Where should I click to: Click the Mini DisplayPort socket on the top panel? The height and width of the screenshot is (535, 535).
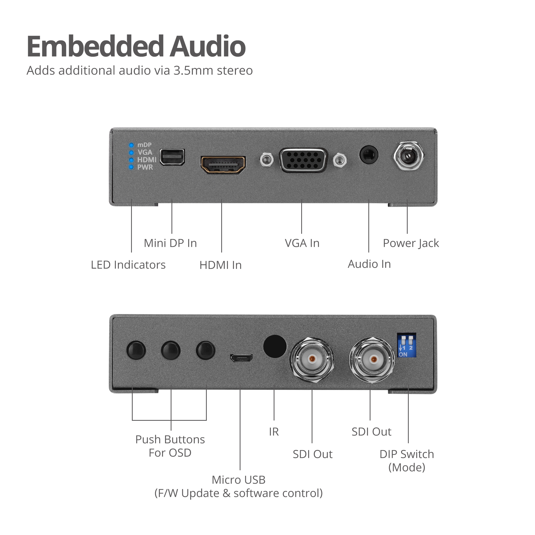tap(172, 157)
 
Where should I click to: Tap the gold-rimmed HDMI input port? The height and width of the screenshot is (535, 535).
tap(223, 165)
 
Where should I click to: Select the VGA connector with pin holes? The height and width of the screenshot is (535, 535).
tap(304, 160)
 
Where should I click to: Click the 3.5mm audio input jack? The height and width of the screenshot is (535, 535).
tap(369, 155)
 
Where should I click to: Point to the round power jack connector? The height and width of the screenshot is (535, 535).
tap(409, 156)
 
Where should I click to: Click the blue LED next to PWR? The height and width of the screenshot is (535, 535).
tap(132, 167)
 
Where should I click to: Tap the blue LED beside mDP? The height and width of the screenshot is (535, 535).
tap(132, 145)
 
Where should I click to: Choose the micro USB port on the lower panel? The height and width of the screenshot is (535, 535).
tap(241, 359)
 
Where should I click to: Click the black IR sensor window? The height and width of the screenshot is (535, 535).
tap(275, 346)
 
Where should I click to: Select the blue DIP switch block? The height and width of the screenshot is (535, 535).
tap(407, 345)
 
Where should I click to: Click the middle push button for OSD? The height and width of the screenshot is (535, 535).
tap(171, 350)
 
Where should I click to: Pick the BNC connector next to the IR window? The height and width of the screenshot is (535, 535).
tap(312, 360)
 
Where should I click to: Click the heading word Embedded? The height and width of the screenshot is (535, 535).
tap(94, 46)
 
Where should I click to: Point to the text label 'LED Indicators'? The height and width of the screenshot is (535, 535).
tap(128, 265)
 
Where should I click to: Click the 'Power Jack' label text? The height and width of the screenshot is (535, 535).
tap(411, 243)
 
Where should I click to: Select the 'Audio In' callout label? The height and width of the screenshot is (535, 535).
tap(369, 264)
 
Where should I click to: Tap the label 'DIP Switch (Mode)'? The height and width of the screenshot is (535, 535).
tap(407, 461)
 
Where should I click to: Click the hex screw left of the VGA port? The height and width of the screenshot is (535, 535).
tap(266, 160)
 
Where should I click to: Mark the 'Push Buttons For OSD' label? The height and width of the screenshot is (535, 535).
tap(170, 446)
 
